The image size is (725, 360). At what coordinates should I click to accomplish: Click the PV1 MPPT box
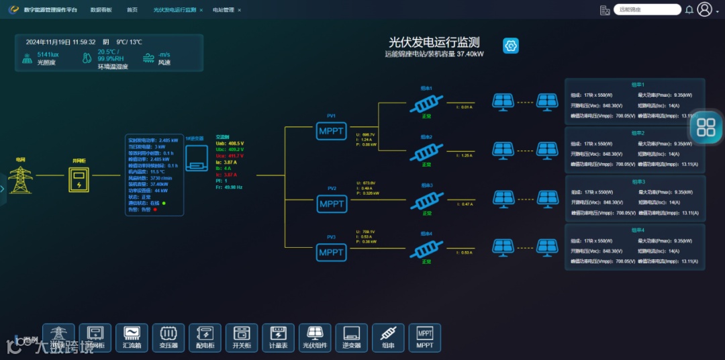(331, 130)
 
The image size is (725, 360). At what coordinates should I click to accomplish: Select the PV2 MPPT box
(331, 204)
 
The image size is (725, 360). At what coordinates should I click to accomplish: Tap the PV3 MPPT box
(331, 252)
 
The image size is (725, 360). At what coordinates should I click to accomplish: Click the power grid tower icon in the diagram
(21, 179)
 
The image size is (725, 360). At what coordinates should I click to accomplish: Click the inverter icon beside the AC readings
(197, 157)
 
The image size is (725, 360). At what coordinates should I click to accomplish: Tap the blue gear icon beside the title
(511, 46)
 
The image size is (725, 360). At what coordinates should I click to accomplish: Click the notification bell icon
(689, 9)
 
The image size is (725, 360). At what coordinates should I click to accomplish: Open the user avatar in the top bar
(704, 9)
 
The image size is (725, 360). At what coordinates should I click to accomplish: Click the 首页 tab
(132, 10)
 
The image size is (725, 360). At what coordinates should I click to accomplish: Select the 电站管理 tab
(224, 10)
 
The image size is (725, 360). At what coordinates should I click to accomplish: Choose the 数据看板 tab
(101, 10)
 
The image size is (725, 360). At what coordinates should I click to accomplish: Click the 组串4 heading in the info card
(638, 230)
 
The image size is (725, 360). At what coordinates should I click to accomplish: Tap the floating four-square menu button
(706, 127)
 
